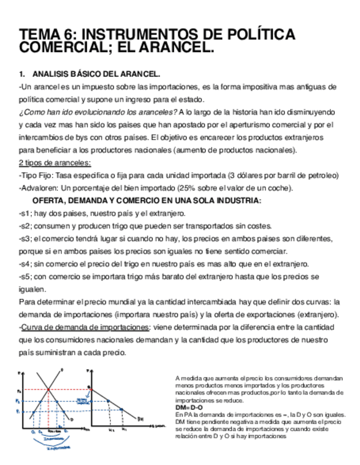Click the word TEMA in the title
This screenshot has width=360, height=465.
click(38, 35)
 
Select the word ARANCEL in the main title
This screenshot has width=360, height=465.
click(179, 48)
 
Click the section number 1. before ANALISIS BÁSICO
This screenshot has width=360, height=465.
click(22, 74)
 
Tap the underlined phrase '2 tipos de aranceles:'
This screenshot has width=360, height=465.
click(55, 162)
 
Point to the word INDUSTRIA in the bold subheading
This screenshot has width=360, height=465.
click(237, 200)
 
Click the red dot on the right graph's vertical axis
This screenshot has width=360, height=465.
click(92, 390)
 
